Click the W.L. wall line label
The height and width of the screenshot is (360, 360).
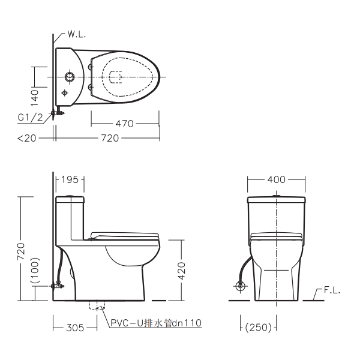(77, 34)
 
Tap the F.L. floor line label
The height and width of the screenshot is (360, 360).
(332, 290)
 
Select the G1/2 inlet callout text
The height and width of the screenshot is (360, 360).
(31, 118)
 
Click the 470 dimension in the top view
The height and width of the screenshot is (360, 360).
(124, 124)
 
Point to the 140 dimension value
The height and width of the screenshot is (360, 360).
(35, 98)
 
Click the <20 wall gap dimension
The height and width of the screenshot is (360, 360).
(27, 138)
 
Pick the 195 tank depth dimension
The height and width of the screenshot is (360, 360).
(70, 179)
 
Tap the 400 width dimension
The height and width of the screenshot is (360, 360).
(276, 179)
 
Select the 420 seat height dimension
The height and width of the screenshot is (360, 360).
(182, 271)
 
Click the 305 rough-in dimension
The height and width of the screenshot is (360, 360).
(75, 328)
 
